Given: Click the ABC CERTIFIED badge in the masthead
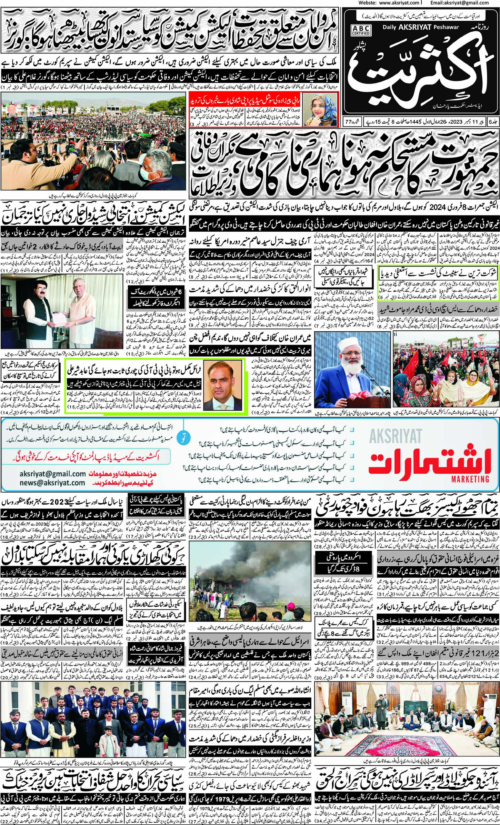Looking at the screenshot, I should point(361,31).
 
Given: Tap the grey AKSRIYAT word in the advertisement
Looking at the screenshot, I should point(396,436).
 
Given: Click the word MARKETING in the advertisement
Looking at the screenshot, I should point(470,479).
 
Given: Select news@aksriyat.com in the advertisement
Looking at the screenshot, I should point(52,483).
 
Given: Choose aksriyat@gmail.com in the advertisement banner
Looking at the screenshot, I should point(53,474).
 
